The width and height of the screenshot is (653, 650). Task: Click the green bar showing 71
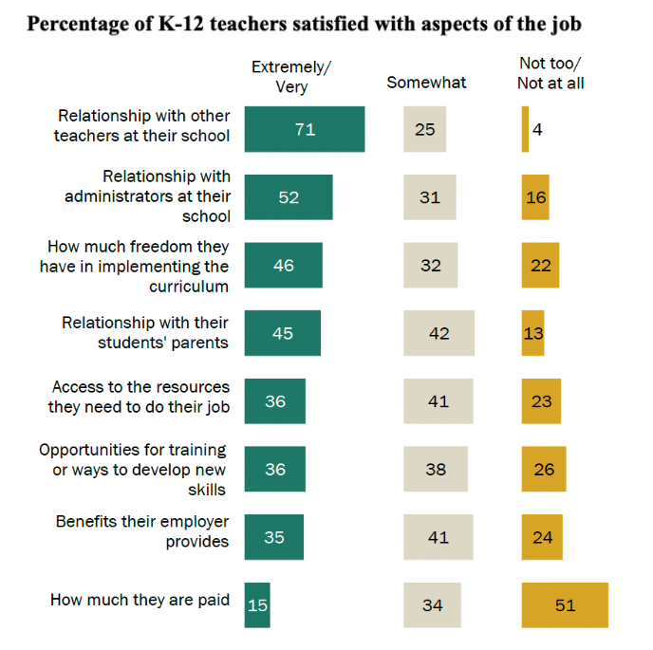(x=305, y=129)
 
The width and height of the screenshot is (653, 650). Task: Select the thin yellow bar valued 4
(x=525, y=129)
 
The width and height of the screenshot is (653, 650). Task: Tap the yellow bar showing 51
(x=565, y=605)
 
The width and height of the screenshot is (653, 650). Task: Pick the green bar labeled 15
(x=257, y=605)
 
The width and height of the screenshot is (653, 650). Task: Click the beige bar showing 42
(x=438, y=333)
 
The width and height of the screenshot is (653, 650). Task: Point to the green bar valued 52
(x=289, y=197)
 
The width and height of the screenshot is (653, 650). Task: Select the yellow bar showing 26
(x=544, y=469)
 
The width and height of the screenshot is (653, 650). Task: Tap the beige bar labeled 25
(x=425, y=129)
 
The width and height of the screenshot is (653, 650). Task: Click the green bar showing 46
(x=284, y=266)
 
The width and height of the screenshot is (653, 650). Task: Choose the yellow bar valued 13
(x=533, y=333)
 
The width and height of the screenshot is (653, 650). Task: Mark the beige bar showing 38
(x=436, y=469)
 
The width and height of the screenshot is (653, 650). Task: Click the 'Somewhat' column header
(x=426, y=83)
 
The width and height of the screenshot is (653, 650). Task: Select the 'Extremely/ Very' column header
(x=291, y=77)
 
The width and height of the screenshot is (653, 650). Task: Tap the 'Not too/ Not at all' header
(x=550, y=73)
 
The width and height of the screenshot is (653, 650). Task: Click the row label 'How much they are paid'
(x=140, y=600)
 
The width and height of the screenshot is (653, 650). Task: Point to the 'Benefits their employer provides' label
(x=142, y=531)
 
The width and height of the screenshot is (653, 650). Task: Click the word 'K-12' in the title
(x=181, y=24)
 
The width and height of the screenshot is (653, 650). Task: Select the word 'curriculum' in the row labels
(x=189, y=287)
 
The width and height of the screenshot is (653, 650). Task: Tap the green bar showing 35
(x=274, y=537)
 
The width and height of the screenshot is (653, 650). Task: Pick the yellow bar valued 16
(x=535, y=197)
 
